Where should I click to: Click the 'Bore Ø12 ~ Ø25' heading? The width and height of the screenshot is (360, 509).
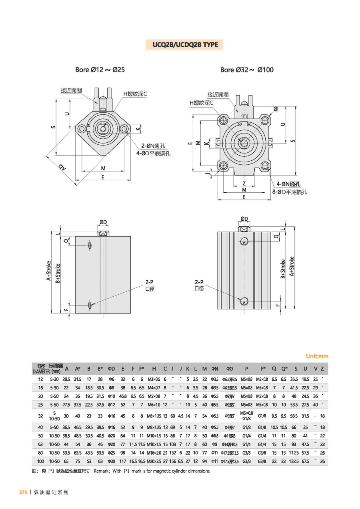(100, 70)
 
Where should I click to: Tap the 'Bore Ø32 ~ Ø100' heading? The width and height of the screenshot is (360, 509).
(247, 70)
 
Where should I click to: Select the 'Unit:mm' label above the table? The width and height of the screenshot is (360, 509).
(317, 356)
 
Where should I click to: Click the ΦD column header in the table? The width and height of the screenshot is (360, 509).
(112, 369)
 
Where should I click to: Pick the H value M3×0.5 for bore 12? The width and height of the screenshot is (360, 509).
(154, 379)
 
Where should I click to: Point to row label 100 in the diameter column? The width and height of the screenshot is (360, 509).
(40, 461)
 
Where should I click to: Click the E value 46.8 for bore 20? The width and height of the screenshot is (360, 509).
(123, 396)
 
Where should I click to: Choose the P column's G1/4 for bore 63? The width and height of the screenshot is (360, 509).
(246, 444)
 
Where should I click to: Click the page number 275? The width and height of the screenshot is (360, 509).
(23, 492)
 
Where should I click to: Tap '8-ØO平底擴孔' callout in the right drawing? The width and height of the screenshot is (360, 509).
(289, 192)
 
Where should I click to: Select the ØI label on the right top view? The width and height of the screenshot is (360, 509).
(276, 109)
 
